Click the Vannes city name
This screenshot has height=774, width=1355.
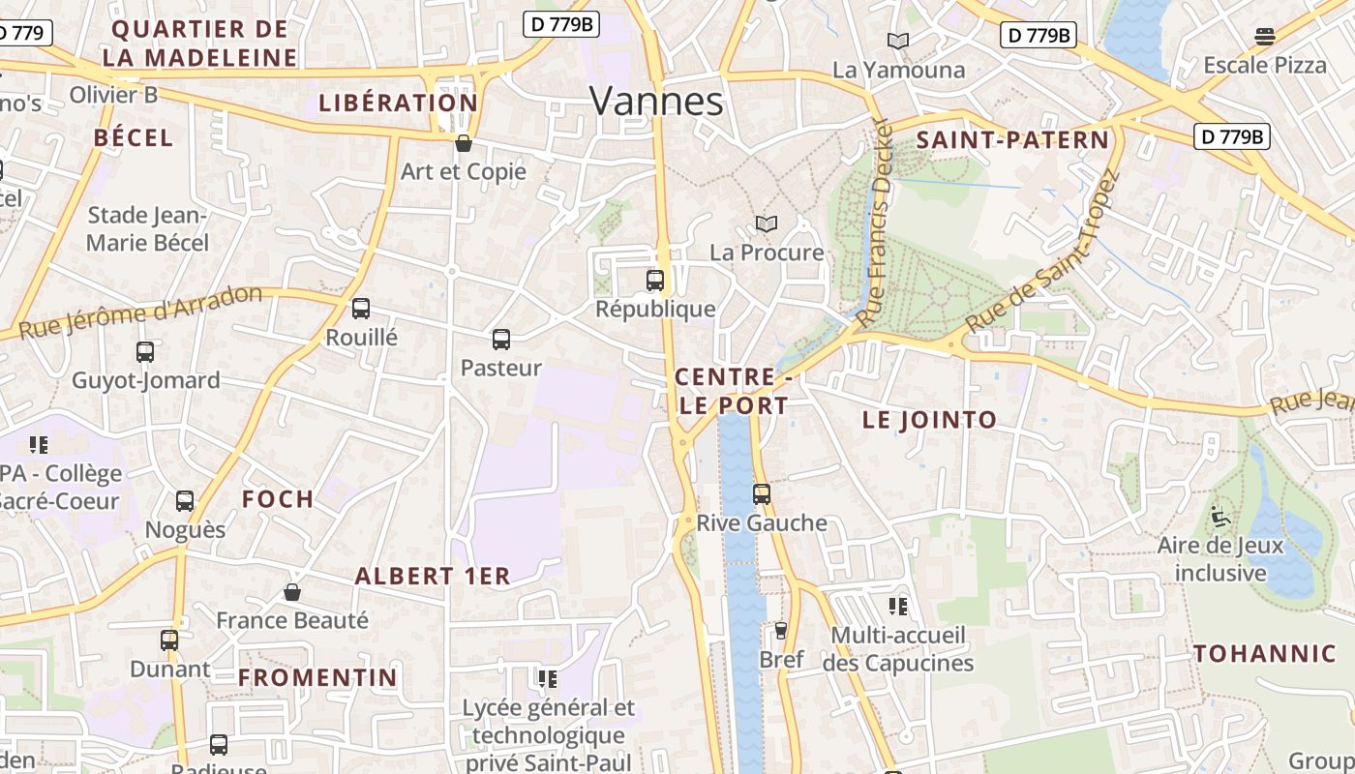(x=656, y=101)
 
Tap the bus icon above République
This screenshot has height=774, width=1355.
(x=655, y=281)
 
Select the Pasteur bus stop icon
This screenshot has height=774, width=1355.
(x=500, y=340)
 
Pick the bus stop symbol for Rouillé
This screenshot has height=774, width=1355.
(x=361, y=309)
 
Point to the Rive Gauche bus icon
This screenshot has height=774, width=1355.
(x=762, y=494)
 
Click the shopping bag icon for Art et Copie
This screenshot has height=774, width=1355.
(x=464, y=143)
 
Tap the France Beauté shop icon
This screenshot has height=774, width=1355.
(x=292, y=592)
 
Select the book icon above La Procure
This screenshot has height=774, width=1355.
(x=767, y=224)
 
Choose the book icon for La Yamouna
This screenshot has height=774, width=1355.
(x=898, y=41)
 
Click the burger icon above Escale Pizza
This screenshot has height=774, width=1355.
(x=1264, y=37)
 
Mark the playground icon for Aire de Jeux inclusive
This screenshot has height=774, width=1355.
(x=1220, y=517)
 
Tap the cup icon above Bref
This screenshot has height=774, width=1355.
(x=781, y=631)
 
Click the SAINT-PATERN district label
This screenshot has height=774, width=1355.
(x=1012, y=139)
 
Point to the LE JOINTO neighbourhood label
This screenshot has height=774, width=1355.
(x=929, y=420)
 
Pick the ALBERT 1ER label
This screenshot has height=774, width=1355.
(x=432, y=576)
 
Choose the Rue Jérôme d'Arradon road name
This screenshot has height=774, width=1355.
(x=141, y=312)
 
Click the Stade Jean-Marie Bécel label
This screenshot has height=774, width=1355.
(x=147, y=228)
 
